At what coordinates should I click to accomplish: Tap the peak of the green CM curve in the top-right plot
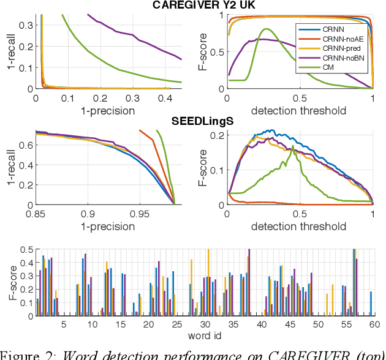pyautogui.click(x=265, y=29)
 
